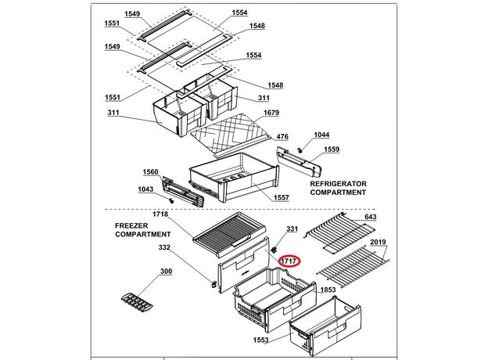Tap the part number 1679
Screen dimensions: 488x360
pos(271,113)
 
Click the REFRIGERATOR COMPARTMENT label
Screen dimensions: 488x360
pos(338,187)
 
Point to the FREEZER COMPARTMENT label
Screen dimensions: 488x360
pos(143,229)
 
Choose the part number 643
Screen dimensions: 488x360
pos(371,217)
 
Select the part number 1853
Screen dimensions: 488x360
pos(328,290)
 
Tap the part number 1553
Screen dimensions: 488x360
pos(260,340)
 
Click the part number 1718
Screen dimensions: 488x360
pos(161,214)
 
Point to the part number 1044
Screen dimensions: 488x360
pos(322,135)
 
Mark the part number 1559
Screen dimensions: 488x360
pos(332,149)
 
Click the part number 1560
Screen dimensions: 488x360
pos(150,171)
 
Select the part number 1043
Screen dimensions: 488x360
pos(145,189)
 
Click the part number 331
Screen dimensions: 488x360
pos(292,229)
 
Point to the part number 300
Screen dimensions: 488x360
pos(166,272)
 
